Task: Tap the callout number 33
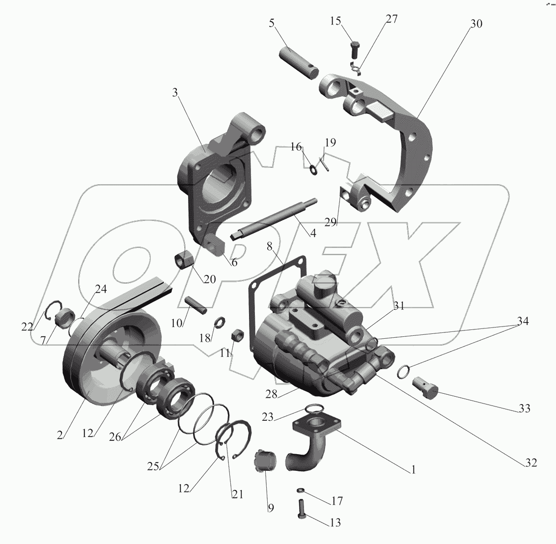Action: [x=524, y=408]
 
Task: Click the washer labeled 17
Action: [x=301, y=490]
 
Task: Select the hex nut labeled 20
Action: [x=184, y=259]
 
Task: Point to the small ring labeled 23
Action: [x=314, y=407]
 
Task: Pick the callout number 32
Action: [x=530, y=462]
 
